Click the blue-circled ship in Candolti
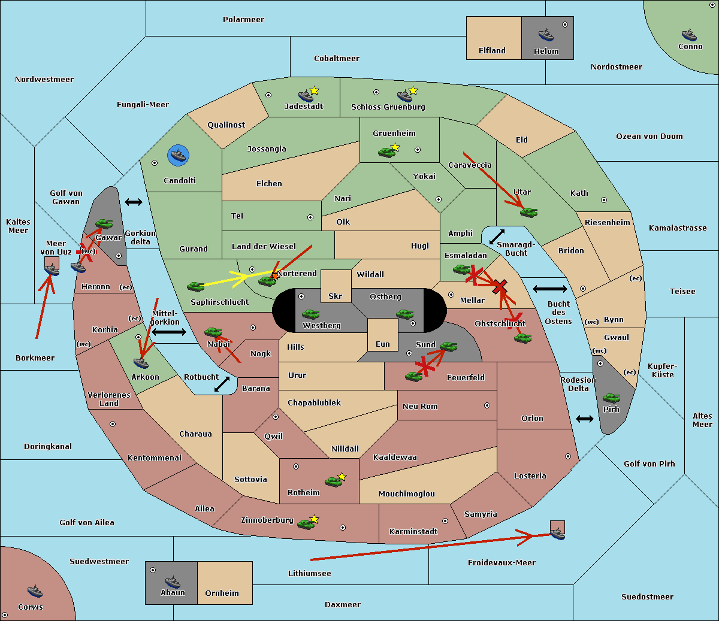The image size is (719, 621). (178, 155)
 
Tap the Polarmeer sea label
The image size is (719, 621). (243, 20)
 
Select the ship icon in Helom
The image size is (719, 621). (546, 35)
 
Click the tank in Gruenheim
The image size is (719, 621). (386, 152)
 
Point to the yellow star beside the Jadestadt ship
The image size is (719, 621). (314, 90)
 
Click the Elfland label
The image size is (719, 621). (492, 51)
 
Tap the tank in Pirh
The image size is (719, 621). (611, 398)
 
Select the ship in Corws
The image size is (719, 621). (35, 591)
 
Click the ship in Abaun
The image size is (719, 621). (173, 582)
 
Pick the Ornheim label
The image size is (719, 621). (222, 593)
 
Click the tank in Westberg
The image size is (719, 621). (310, 314)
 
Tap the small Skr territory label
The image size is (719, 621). (336, 296)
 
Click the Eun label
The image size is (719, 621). (383, 344)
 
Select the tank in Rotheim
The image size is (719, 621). (333, 481)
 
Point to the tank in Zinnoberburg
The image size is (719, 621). (306, 524)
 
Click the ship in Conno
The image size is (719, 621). (689, 35)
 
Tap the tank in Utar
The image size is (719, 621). (528, 212)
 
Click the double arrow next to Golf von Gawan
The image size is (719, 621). (134, 202)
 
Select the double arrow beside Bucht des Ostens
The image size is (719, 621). (550, 289)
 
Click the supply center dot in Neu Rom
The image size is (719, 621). (487, 405)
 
